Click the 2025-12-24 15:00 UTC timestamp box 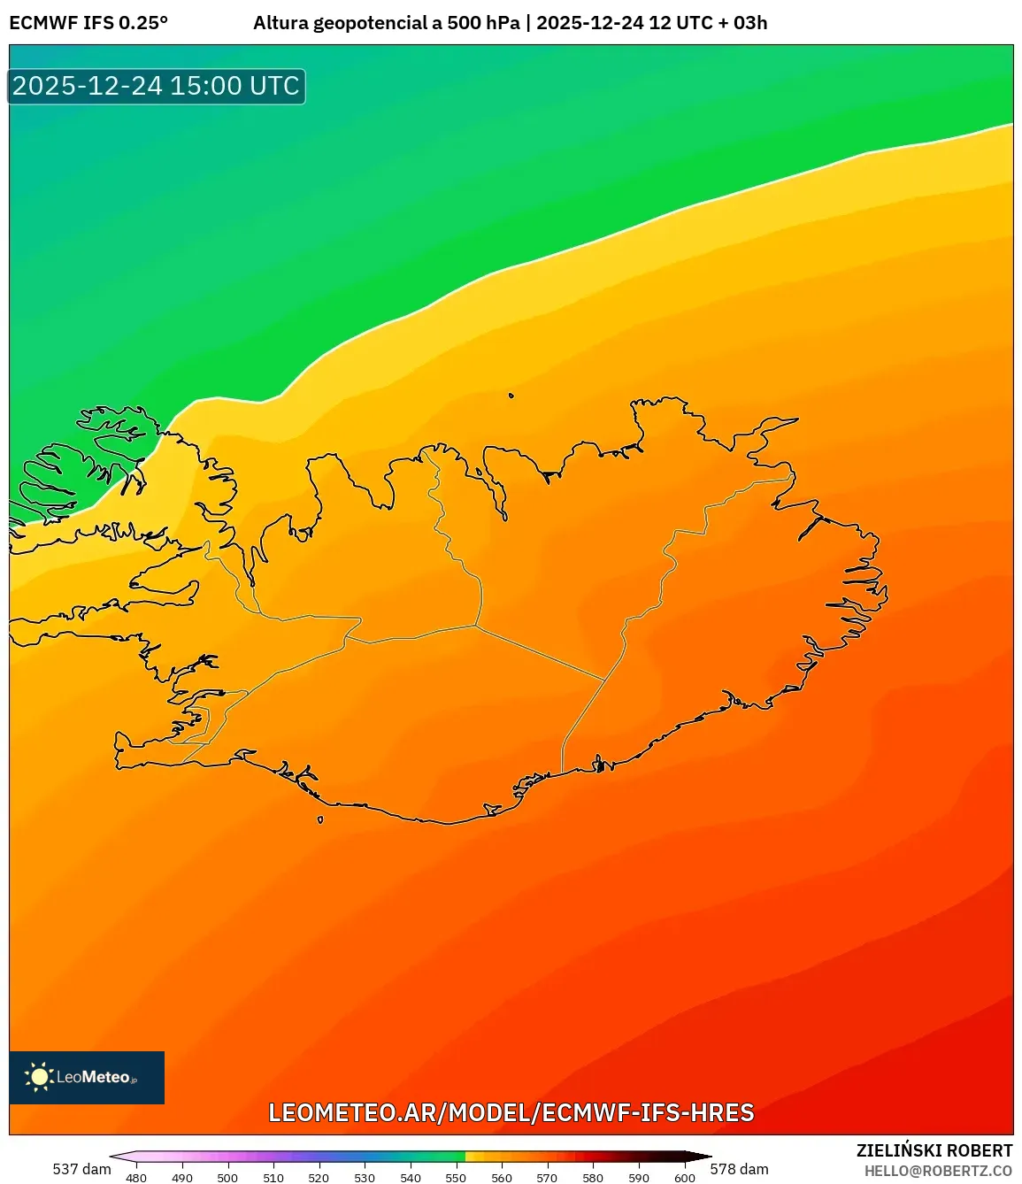[x=157, y=87]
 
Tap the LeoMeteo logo [x=87, y=1077]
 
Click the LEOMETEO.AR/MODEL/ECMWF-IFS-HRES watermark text [x=511, y=1112]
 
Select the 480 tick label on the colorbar [x=136, y=1178]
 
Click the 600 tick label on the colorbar [x=684, y=1178]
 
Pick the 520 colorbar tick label [x=319, y=1178]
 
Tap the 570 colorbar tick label [x=547, y=1178]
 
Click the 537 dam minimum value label [x=81, y=1169]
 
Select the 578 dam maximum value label [x=739, y=1169]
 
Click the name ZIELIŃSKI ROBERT [x=934, y=1150]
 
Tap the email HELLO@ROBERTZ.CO [x=938, y=1171]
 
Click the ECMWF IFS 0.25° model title [x=88, y=23]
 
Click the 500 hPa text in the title [x=483, y=23]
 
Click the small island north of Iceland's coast [x=511, y=396]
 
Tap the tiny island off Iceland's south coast [x=320, y=819]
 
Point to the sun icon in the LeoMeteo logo [x=39, y=1077]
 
